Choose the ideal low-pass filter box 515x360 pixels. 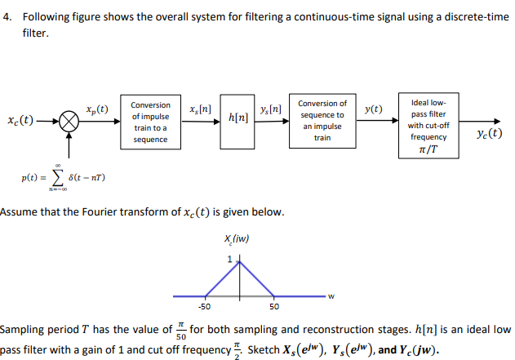[x=428, y=125]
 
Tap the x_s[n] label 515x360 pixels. [x=200, y=109]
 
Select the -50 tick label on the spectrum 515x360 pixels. [x=204, y=307]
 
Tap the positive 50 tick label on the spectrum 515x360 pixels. [x=274, y=307]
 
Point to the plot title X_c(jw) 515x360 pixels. [x=235, y=238]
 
